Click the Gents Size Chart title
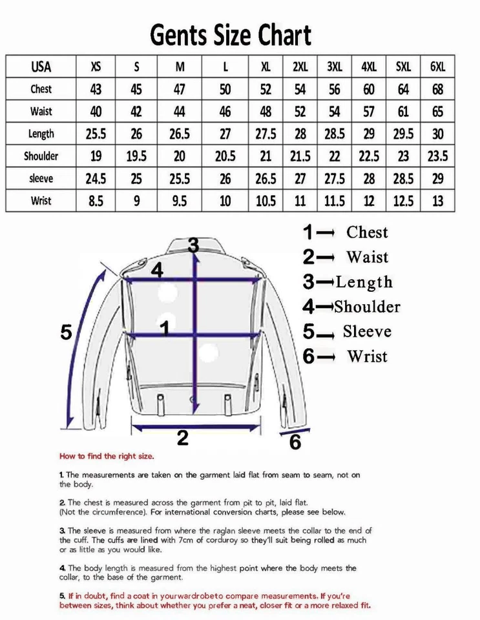pyautogui.click(x=231, y=35)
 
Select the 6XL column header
pyautogui.click(x=438, y=67)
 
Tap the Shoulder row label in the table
pyautogui.click(x=41, y=156)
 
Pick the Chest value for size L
pyautogui.click(x=225, y=89)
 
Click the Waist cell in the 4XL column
pyautogui.click(x=369, y=112)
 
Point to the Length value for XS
pyautogui.click(x=96, y=134)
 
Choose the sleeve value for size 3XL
pyautogui.click(x=334, y=178)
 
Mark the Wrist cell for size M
pyautogui.click(x=180, y=201)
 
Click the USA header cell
pyautogui.click(x=41, y=67)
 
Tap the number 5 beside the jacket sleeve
pyautogui.click(x=66, y=333)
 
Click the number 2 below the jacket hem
pyautogui.click(x=183, y=439)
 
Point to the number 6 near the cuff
pyautogui.click(x=295, y=442)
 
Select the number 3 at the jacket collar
pyautogui.click(x=193, y=245)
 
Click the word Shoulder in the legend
pyautogui.click(x=367, y=307)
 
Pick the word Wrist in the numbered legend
pyautogui.click(x=367, y=356)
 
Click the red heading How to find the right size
pyautogui.click(x=107, y=456)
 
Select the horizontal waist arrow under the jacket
pyautogui.click(x=196, y=425)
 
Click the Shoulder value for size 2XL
pyautogui.click(x=300, y=156)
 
